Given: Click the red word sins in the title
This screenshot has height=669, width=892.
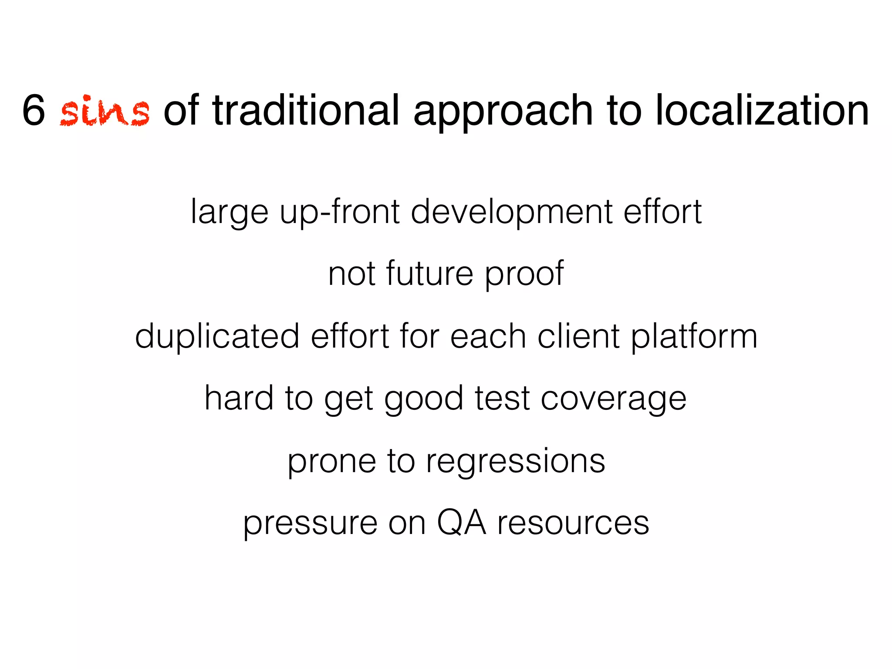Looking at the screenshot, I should tap(105, 111).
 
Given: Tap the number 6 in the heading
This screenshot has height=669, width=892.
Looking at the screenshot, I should tap(34, 111).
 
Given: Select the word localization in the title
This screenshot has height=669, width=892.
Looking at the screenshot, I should tap(762, 111).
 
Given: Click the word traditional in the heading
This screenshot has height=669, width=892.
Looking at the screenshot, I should tap(306, 111).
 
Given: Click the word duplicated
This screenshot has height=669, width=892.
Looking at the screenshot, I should tap(217, 337).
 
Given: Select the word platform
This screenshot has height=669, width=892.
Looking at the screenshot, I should tap(694, 337).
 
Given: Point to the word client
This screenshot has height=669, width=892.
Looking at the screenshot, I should tap(578, 336).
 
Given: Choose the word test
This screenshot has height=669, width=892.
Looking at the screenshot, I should tap(502, 399).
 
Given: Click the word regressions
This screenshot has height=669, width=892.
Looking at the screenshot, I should tap(515, 462).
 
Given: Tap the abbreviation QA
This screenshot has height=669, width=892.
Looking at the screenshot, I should tap(461, 523).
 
